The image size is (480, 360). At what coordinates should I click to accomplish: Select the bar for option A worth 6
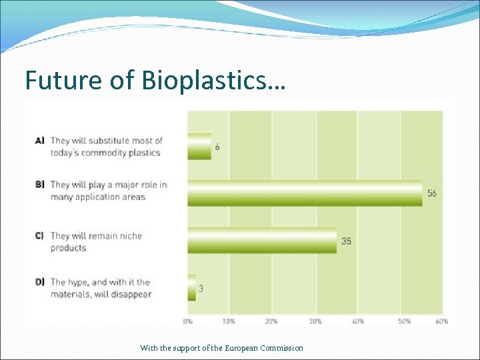point(199,147)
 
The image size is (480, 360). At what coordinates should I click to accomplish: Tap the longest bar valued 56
point(305,193)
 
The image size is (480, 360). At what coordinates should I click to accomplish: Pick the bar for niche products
point(262,241)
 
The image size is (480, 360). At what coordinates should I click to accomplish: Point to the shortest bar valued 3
point(192,288)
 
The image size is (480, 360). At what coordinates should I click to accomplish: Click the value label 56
point(432,193)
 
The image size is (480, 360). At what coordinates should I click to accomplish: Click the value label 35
point(347,241)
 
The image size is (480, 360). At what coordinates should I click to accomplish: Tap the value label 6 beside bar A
point(218,147)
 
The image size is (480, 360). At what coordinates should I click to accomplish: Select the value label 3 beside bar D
point(201,289)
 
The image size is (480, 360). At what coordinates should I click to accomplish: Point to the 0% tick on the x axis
point(188,321)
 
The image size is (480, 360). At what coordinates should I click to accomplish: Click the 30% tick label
point(315,321)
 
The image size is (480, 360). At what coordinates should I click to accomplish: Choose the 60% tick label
point(442,321)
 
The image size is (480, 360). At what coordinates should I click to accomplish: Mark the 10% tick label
point(229,321)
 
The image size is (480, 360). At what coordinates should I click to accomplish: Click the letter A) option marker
point(39,141)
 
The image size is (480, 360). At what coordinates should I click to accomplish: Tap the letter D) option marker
point(39,282)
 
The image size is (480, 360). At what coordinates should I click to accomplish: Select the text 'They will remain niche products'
point(96,241)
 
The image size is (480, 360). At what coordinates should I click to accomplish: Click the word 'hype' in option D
point(79,283)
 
